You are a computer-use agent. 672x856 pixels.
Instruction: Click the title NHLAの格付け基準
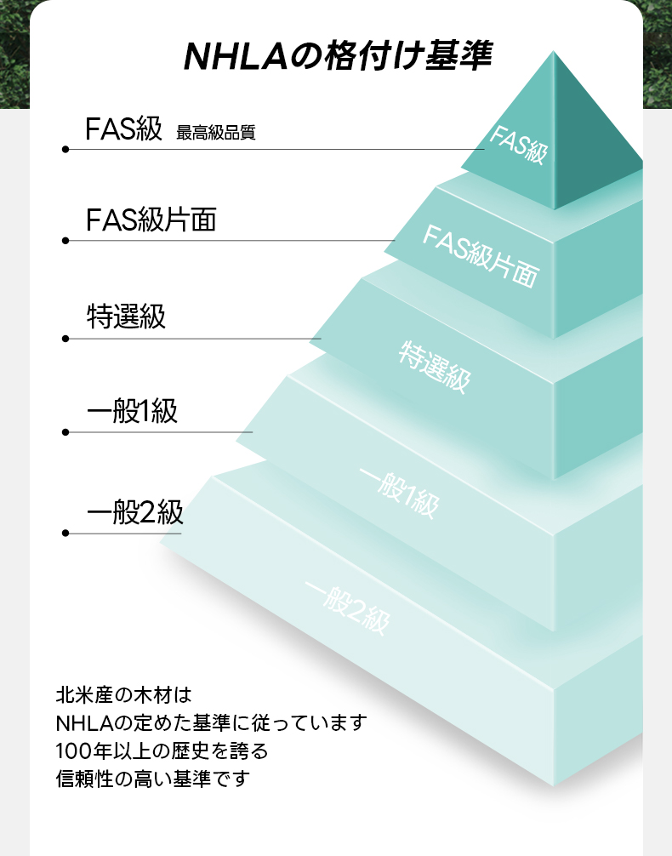coord(338,57)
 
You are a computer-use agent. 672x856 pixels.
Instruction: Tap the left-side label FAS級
coord(123,129)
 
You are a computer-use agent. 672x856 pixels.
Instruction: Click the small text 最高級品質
coord(215,133)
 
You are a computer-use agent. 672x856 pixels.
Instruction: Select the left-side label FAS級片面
coord(151,220)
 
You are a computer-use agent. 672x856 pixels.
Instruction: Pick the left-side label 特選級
coord(127,317)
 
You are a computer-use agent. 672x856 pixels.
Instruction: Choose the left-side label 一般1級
coord(133,412)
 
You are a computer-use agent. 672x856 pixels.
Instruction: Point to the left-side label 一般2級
coord(135,512)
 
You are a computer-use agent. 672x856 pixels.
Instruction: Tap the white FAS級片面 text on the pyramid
coord(481,255)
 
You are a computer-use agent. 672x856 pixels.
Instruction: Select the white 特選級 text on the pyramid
coord(434,367)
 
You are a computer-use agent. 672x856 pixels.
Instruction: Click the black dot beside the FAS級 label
coord(65,150)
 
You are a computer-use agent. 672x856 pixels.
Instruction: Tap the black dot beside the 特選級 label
coord(65,339)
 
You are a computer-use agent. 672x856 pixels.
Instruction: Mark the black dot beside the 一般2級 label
coord(65,534)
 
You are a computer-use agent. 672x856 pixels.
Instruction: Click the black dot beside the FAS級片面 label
coord(65,241)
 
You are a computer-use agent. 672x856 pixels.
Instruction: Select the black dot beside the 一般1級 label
coord(65,432)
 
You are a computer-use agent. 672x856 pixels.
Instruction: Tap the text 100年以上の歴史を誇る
coord(162,750)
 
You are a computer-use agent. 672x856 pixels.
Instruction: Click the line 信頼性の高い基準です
coord(154,778)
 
